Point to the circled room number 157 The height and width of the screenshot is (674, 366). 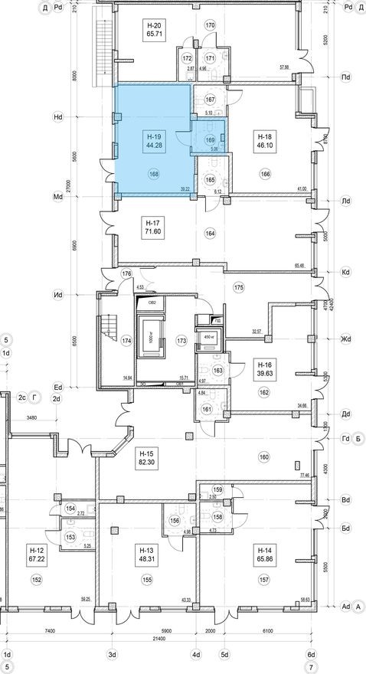(264, 581)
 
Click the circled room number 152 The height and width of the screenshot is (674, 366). (35, 581)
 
